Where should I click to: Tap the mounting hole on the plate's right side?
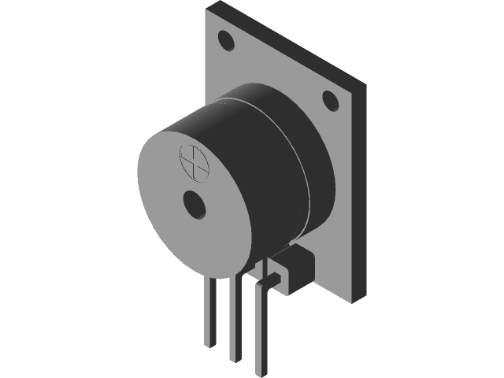(330, 99)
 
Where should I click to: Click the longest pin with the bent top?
(261, 331)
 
